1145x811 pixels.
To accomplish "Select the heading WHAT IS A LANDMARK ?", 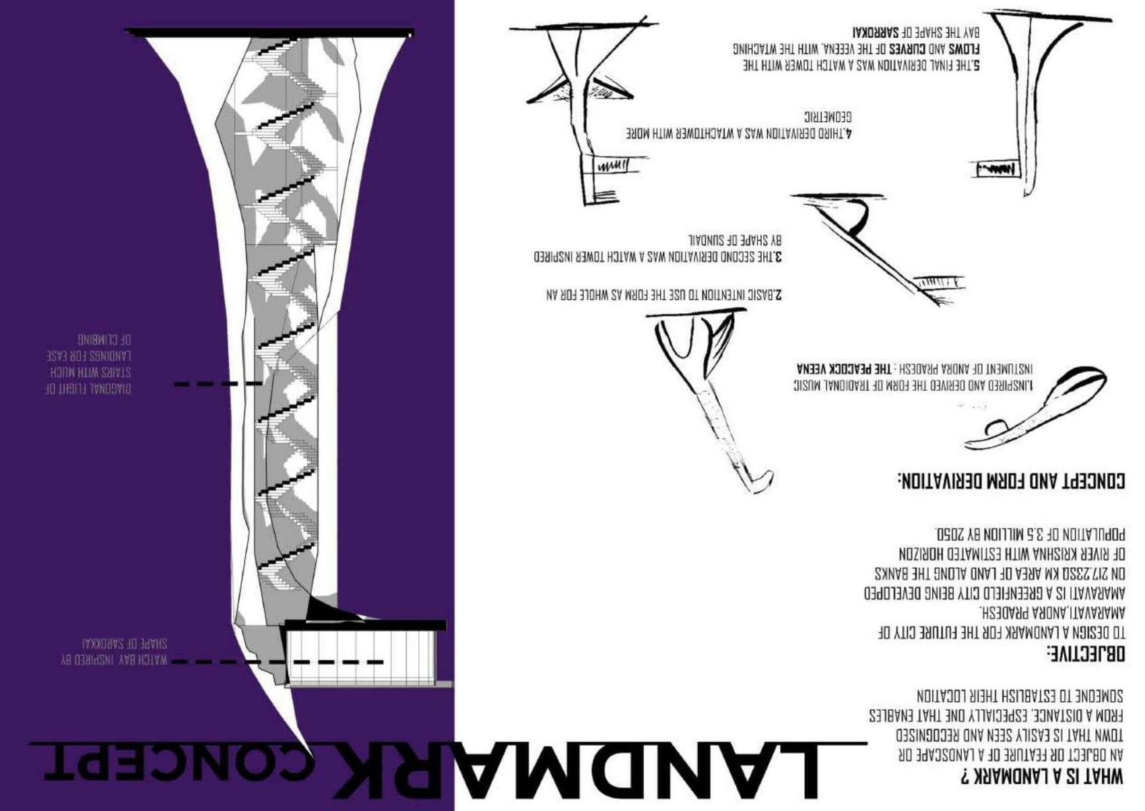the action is pyautogui.click(x=1043, y=777).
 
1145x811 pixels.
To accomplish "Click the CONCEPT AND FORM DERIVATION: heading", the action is pyautogui.click(x=1011, y=481).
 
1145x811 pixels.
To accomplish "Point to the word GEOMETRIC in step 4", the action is pyautogui.click(x=828, y=116).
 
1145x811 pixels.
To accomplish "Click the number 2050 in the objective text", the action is pyautogui.click(x=950, y=535).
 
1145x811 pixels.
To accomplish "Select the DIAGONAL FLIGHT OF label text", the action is pyautogui.click(x=88, y=389).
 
